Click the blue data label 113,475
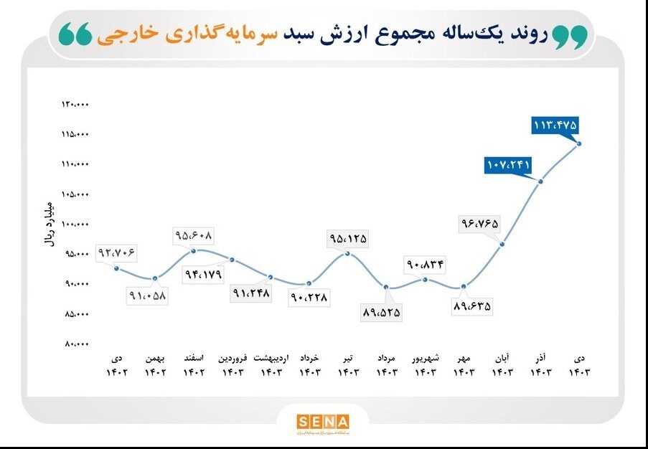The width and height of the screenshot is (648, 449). point(555,125)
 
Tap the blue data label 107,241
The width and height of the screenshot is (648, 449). point(508,165)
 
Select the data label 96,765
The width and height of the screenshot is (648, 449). point(479,224)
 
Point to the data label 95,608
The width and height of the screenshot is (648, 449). point(194,235)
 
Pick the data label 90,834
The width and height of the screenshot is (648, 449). point(425,265)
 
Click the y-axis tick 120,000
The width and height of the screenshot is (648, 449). point(75,105)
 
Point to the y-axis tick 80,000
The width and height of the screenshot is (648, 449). point(75,344)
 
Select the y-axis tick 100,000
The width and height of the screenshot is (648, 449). point(75,225)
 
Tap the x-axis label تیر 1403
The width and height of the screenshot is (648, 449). point(347,365)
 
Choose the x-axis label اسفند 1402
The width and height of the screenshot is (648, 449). point(194,365)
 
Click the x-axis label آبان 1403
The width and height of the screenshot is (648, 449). point(502,365)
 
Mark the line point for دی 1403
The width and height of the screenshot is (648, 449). point(579,143)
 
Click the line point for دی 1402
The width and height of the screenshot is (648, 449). point(117,268)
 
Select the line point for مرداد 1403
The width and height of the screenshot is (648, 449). point(387,288)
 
